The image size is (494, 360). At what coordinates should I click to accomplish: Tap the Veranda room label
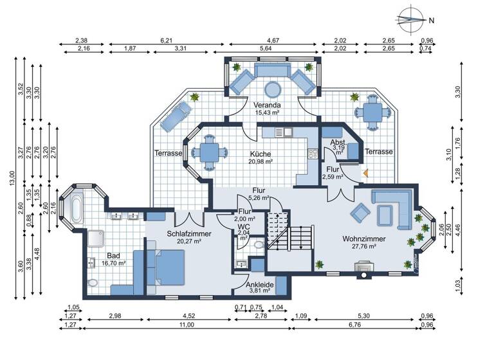[x=266, y=105]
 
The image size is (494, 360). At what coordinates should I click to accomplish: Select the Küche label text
[x=261, y=154]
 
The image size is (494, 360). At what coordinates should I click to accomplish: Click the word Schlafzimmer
[x=187, y=233]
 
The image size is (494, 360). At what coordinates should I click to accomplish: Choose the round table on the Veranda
[x=273, y=88]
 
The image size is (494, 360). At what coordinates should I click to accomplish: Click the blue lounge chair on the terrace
[x=174, y=116]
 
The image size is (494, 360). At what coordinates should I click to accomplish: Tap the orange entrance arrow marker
[x=365, y=172]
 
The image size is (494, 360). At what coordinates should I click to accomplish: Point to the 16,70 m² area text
[x=114, y=263]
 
